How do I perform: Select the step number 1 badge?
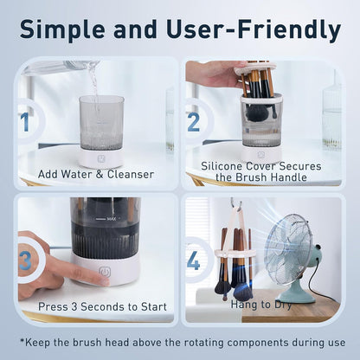click(x=25, y=122)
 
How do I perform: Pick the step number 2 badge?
click(x=193, y=121)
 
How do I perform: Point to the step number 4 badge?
click(x=194, y=260)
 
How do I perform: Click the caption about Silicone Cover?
click(x=261, y=171)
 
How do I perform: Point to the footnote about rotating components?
click(x=180, y=341)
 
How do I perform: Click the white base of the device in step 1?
click(x=101, y=157)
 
